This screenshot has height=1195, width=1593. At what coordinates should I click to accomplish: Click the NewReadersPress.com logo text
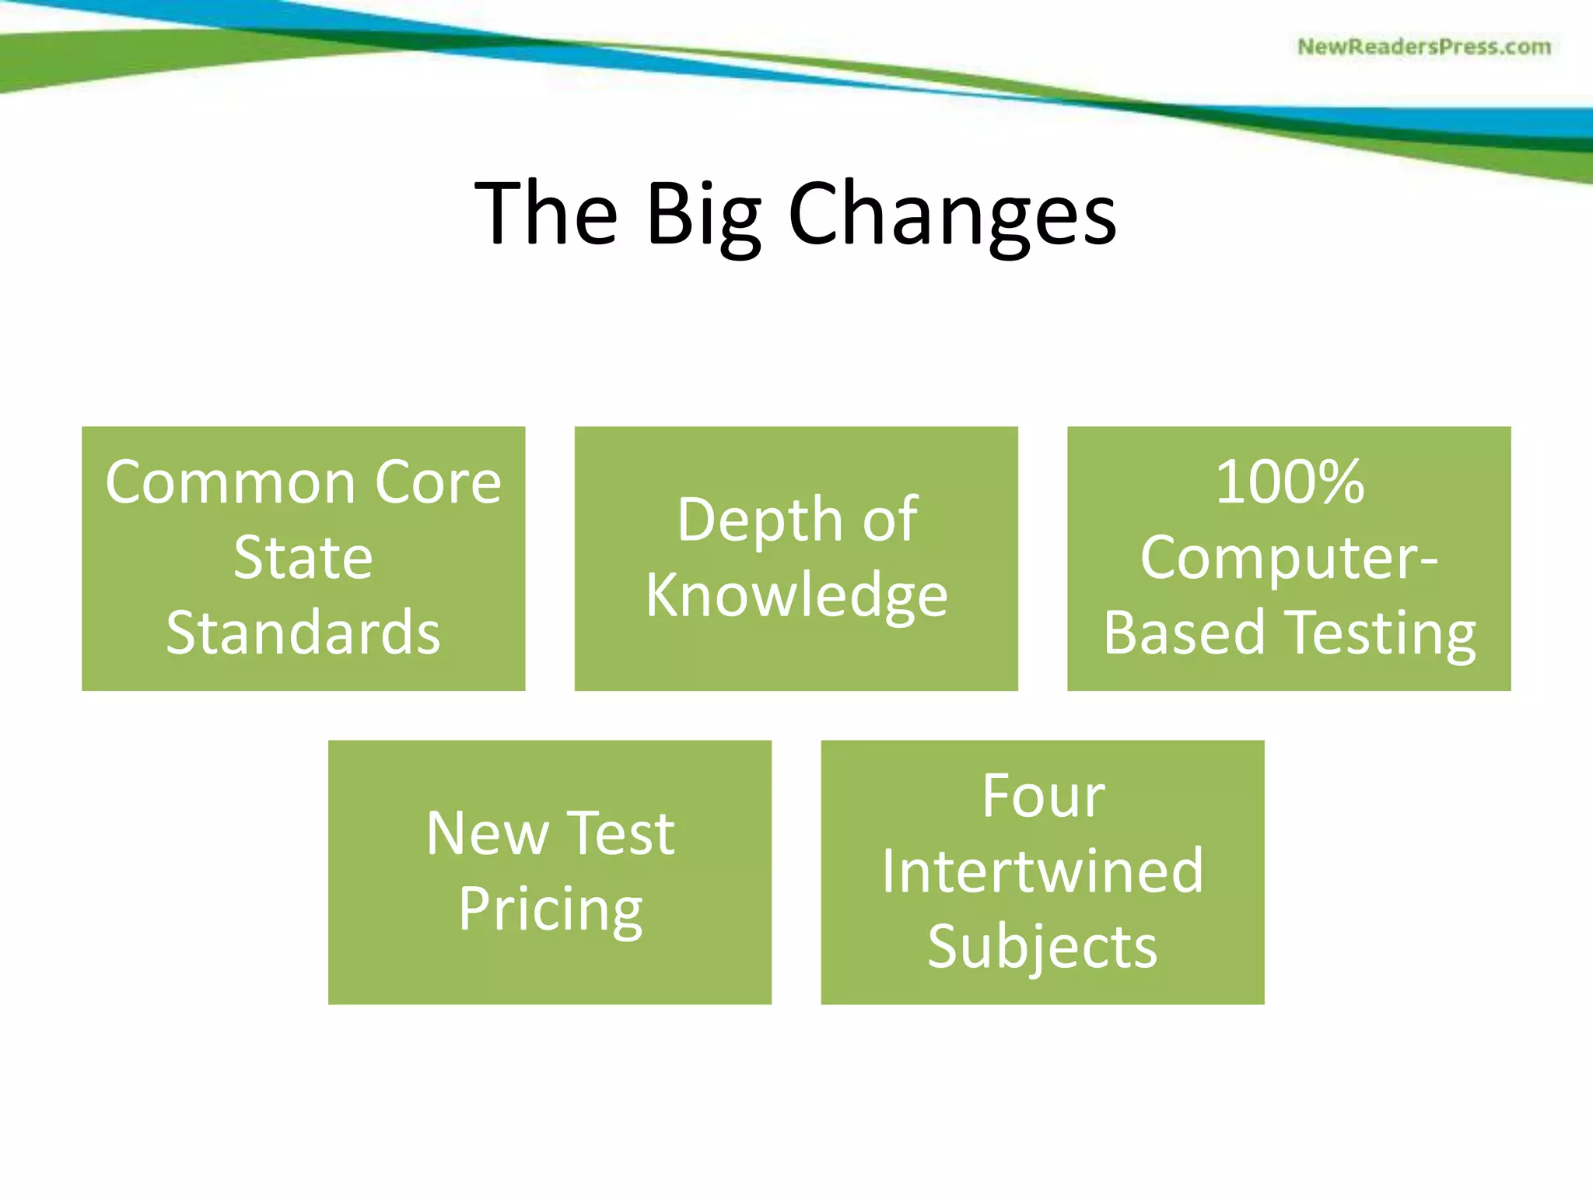1423,47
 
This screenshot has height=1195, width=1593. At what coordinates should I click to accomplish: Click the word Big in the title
702,213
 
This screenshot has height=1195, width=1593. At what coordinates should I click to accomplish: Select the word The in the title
546,213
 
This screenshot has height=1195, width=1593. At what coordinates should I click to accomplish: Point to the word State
303,558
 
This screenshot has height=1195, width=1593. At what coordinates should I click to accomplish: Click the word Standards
303,633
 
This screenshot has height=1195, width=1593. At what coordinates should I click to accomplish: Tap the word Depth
759,520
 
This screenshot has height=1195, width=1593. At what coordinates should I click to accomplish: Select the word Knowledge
796,595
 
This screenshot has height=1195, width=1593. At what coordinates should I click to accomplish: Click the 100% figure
1289,483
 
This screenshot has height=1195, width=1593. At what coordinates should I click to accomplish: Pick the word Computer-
1289,558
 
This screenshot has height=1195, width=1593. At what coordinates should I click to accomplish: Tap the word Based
1184,633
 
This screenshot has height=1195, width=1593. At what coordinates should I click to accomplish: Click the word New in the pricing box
487,834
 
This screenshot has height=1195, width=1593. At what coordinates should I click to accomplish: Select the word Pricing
550,909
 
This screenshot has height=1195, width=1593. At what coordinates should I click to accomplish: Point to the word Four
1042,797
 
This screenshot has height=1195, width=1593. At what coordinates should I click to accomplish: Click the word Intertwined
1042,871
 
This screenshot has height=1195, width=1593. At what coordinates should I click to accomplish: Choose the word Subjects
1042,947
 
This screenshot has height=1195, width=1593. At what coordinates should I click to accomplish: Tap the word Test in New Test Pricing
620,834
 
